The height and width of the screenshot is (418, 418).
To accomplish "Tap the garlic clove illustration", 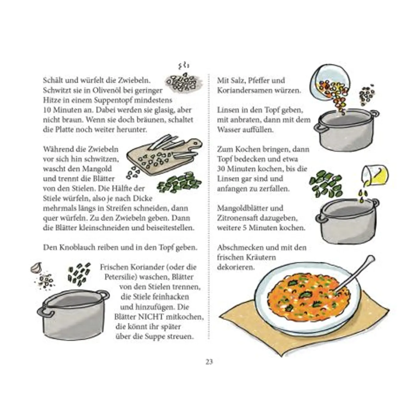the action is (36, 268).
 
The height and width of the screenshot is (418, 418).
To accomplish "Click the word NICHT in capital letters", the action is (150, 317).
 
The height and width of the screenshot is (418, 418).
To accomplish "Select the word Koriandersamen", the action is (244, 90).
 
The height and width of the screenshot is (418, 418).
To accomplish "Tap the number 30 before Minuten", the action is (221, 169).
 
